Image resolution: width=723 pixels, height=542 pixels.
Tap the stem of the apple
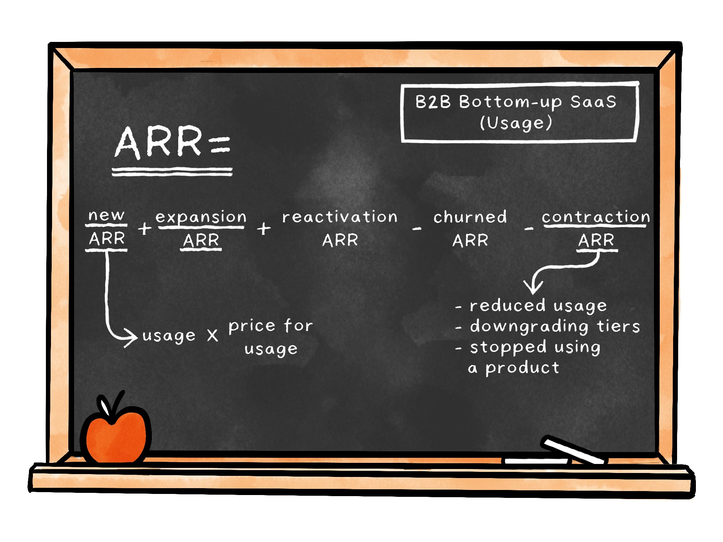coord(117,405)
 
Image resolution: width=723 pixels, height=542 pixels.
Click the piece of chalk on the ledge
coord(573,450)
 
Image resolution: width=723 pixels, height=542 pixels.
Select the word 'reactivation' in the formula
coord(340,217)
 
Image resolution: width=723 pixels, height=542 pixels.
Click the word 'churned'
coord(470,217)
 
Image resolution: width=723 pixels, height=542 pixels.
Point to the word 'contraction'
coord(596,217)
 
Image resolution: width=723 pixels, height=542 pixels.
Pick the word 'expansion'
coord(201,218)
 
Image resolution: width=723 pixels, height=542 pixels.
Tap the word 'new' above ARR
coord(106,215)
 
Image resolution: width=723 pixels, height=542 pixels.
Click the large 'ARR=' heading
coord(172,142)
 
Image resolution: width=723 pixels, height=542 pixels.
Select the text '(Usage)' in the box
coord(516,123)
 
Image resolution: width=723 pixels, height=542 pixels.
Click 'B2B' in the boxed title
coord(433,102)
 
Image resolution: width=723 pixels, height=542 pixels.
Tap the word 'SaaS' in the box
coord(593,102)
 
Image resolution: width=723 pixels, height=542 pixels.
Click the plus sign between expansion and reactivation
coord(264,228)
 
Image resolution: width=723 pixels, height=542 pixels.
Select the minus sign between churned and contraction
coord(529,228)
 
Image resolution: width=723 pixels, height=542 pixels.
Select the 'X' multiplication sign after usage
coord(213,335)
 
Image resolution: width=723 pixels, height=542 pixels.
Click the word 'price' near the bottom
coord(252,326)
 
